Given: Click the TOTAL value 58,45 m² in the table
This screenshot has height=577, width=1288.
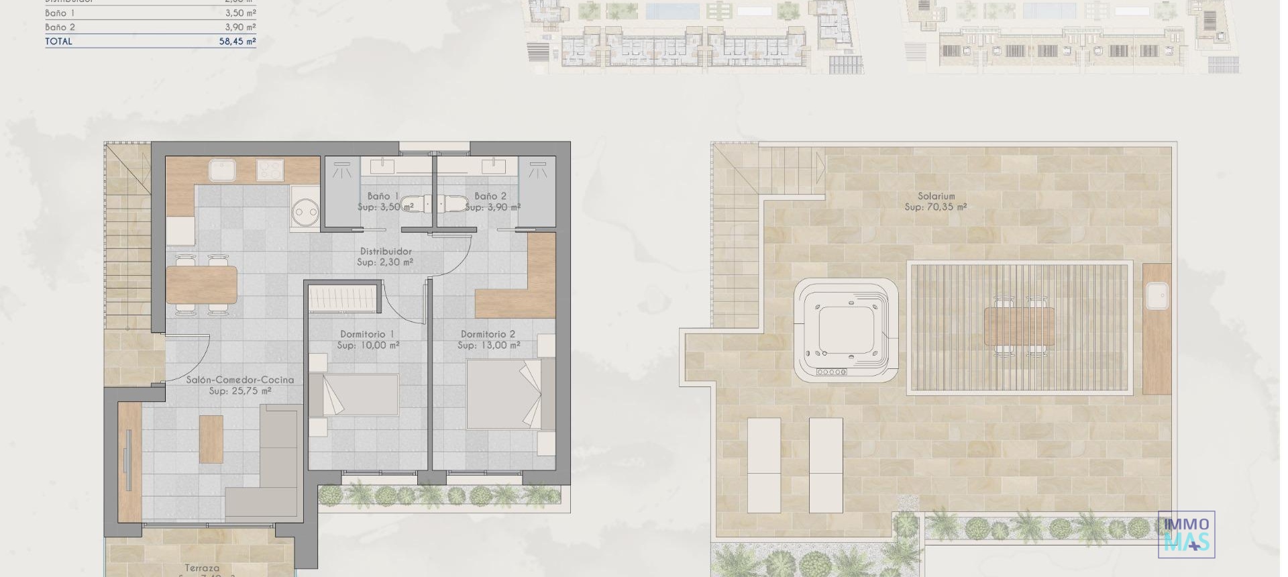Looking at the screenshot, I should pyautogui.click(x=240, y=42).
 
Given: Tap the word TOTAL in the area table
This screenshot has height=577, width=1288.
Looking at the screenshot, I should pyautogui.click(x=58, y=42).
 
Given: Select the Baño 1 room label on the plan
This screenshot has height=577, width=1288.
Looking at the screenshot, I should pyautogui.click(x=383, y=196).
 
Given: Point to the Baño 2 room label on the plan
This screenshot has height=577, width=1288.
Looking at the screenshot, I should pyautogui.click(x=490, y=196).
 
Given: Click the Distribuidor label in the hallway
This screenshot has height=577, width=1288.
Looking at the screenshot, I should pyautogui.click(x=386, y=252).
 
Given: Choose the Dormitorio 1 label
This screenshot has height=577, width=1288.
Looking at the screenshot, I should pyautogui.click(x=367, y=334).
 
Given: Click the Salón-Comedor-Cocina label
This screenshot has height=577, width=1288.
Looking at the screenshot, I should pyautogui.click(x=240, y=380).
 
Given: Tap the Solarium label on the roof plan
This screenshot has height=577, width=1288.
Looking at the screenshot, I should pyautogui.click(x=936, y=197).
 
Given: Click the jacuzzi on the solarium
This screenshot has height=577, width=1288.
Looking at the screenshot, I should pyautogui.click(x=847, y=331).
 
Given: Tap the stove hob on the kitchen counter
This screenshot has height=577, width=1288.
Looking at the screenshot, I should pyautogui.click(x=270, y=170).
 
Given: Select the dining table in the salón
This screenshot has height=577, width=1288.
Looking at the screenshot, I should pyautogui.click(x=201, y=284).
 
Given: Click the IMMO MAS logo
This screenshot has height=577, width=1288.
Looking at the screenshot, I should pyautogui.click(x=1186, y=535).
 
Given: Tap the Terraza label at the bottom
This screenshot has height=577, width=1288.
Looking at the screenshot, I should pyautogui.click(x=202, y=568).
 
